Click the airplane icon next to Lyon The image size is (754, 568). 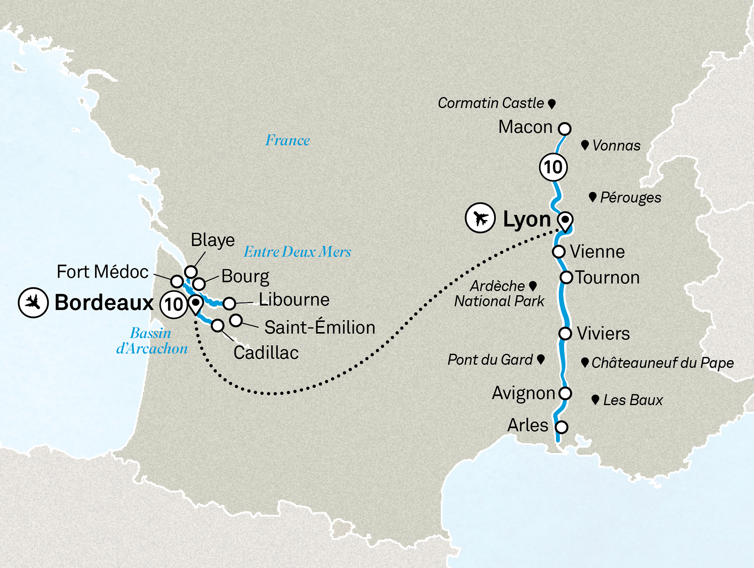tap(480, 218)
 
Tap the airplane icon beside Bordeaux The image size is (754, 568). tap(33, 302)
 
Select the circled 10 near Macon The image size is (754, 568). tap(553, 167)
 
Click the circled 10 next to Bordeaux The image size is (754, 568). tap(174, 304)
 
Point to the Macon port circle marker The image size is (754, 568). tap(564, 129)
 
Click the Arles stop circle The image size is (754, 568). tap(561, 427)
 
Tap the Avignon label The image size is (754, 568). tap(523, 393)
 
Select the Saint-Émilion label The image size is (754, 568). tap(320, 327)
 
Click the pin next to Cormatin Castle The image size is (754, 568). tap(552, 104)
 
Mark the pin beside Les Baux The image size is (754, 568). tap(595, 400)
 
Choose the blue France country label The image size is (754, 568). tap(287, 140)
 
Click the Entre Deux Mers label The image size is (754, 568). tap(297, 252)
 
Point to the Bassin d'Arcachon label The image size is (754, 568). tap(152, 341)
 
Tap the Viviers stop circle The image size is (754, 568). tap(565, 333)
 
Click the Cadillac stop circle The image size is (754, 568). tap(218, 325)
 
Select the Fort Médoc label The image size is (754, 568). tap(103, 272)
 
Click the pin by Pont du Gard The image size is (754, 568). tap(541, 359)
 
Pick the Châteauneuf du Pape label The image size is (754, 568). tap(662, 363)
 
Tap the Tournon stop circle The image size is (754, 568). tap(566, 277)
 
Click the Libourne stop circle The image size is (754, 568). tap(229, 303)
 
